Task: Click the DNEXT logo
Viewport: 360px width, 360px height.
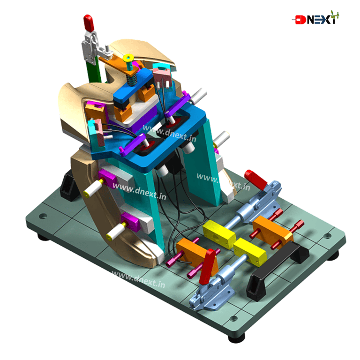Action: (315, 18)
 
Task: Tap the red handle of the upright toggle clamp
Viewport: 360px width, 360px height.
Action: (89, 23)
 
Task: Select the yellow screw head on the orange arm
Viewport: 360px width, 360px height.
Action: (128, 58)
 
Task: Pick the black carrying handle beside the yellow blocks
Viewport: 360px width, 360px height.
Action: (278, 269)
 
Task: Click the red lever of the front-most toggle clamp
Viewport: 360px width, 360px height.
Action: (209, 266)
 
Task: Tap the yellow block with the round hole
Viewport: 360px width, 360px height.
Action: (219, 234)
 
